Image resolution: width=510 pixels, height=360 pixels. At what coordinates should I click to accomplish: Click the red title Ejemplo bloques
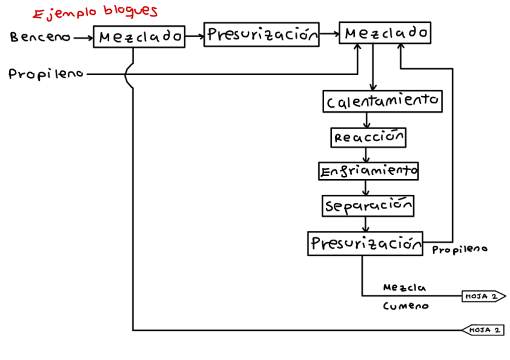click(x=94, y=13)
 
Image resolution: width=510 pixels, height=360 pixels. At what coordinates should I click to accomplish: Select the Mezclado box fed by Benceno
click(x=140, y=37)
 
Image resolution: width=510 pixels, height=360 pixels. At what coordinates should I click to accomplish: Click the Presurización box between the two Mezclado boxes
click(x=262, y=35)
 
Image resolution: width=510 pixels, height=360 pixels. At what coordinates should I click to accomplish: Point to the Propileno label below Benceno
click(x=45, y=75)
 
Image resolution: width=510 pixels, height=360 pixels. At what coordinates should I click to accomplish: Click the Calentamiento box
click(x=382, y=102)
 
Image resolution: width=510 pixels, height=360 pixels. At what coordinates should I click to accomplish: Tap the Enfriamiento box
click(x=368, y=171)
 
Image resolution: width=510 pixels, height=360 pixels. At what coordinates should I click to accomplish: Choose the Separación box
click(x=368, y=206)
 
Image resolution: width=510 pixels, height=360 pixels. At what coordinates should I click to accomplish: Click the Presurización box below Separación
click(x=365, y=243)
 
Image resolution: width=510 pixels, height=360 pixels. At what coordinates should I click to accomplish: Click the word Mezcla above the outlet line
click(x=404, y=288)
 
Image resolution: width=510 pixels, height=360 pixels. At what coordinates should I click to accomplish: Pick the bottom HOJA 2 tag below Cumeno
click(x=483, y=330)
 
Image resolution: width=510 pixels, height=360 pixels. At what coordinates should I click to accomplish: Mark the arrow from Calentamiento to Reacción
click(x=367, y=120)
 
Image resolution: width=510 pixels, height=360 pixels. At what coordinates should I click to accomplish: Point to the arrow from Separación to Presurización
click(x=365, y=224)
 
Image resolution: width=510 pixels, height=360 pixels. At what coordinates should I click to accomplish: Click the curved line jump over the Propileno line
click(x=127, y=75)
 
